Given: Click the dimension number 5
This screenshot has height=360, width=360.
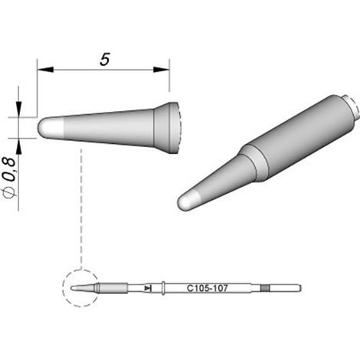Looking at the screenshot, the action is point(105,59).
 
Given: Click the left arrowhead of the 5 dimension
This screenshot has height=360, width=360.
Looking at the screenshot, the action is point(45,70).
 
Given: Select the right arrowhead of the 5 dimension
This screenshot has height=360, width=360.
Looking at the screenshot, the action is point(162,70).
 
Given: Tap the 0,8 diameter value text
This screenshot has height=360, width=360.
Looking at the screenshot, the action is point(11,169).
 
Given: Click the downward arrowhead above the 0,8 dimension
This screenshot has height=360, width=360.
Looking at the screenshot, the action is point(18,110).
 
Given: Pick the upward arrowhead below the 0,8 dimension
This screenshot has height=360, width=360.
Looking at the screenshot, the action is point(18,146).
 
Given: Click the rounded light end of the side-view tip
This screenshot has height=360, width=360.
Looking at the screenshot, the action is point(51,128).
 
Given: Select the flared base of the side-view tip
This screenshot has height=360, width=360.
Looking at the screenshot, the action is point(167,128).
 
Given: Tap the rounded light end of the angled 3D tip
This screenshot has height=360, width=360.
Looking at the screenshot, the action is point(188,201).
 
